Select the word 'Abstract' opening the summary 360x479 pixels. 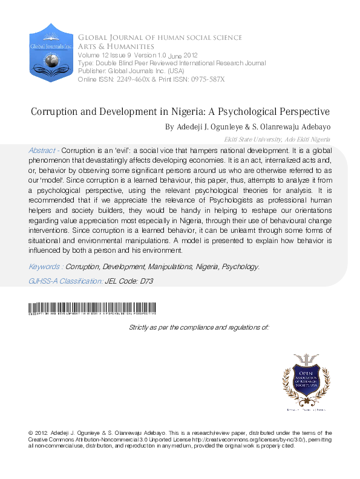tap(42, 149)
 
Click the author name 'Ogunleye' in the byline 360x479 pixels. tap(227, 127)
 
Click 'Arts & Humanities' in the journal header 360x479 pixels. tap(115, 46)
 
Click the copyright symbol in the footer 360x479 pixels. tap(32, 433)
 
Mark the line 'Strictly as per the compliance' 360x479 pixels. tap(199, 327)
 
